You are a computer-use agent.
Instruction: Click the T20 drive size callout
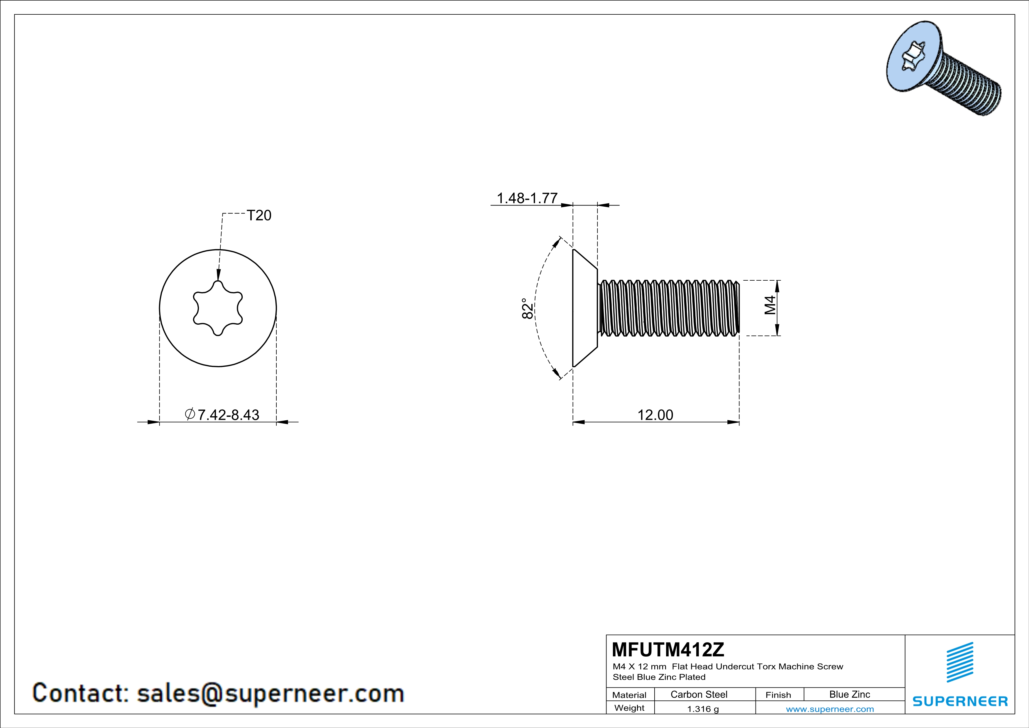259,216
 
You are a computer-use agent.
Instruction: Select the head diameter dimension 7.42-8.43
223,415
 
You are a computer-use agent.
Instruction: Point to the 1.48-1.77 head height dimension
527,198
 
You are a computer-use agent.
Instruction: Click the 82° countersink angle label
528,309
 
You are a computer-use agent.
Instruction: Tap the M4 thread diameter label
770,305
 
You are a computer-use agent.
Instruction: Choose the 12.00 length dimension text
655,415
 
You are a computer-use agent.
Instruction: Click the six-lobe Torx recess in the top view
218,308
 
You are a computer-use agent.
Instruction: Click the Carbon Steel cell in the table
699,694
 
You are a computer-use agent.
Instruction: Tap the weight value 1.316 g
703,709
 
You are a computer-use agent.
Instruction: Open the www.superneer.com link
829,709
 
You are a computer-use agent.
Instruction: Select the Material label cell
629,695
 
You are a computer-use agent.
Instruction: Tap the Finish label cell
778,695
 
